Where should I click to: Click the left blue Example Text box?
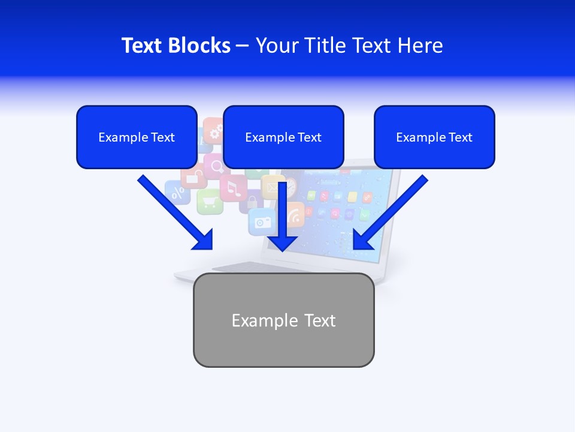click(137, 137)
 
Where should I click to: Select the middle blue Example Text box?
click(283, 137)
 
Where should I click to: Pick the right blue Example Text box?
click(434, 137)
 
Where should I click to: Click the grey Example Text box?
click(283, 320)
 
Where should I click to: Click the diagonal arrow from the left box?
click(175, 212)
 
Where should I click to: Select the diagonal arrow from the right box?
click(391, 212)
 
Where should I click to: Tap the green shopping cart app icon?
click(210, 202)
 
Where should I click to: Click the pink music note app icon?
click(234, 188)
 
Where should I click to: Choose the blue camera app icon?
click(262, 221)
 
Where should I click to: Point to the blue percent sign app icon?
click(177, 193)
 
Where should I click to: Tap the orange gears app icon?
click(213, 130)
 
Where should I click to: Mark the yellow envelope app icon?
click(270, 187)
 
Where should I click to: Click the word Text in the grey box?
click(320, 320)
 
